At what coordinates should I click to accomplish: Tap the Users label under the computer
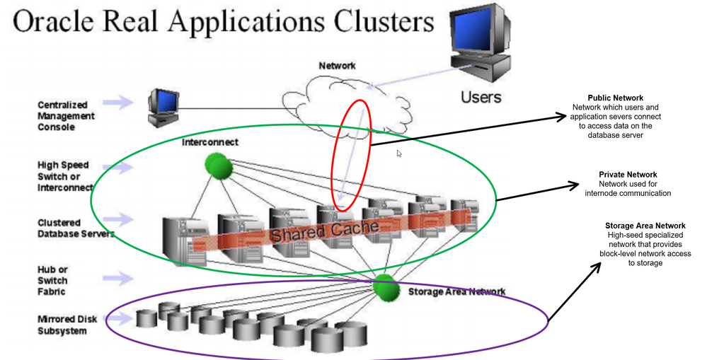tap(481, 96)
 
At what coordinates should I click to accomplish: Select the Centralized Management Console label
tap(66, 116)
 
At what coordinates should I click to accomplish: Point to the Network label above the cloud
tap(337, 66)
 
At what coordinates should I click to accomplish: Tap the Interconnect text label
tap(210, 142)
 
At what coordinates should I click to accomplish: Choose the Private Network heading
tap(628, 174)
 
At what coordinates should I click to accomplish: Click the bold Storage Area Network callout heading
tap(645, 226)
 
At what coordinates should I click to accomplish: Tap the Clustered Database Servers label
tap(75, 228)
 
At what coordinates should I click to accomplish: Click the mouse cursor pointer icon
tap(399, 153)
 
